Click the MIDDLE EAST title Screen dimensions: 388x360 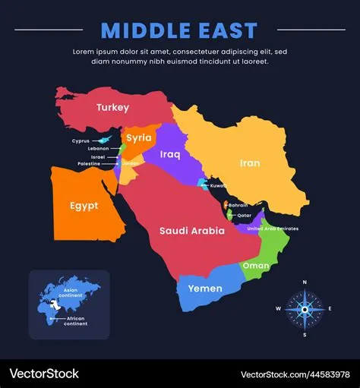point(179,30)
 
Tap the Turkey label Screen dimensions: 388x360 point(112,108)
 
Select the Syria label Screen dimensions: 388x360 point(139,137)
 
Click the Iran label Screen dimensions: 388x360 point(250,162)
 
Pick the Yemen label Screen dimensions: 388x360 point(205,289)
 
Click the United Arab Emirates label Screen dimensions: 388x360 point(273,229)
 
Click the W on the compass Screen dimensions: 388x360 point(279,308)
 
